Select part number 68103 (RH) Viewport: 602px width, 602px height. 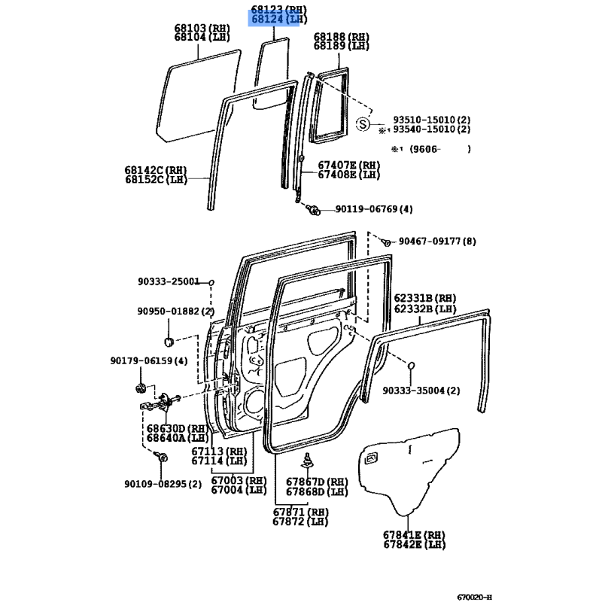(x=202, y=28)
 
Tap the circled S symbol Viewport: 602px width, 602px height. (x=363, y=124)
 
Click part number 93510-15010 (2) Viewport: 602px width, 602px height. (x=431, y=120)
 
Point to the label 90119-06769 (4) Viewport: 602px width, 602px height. (x=374, y=209)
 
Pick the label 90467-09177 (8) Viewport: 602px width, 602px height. (x=437, y=242)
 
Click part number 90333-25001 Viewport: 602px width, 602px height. (x=169, y=281)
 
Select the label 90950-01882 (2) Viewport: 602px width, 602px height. (x=176, y=311)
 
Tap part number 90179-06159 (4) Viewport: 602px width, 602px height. (x=149, y=361)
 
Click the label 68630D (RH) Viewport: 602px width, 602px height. (x=178, y=428)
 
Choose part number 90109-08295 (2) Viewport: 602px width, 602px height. (x=163, y=484)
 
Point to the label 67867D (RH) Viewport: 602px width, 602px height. (x=317, y=482)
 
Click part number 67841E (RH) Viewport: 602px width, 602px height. (x=415, y=535)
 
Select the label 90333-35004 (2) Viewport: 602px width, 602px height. (x=421, y=391)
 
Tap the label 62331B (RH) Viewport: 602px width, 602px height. (x=425, y=298)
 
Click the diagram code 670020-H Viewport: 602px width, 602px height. (x=474, y=597)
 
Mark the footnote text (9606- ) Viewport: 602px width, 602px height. (x=440, y=149)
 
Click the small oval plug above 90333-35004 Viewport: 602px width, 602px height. (x=410, y=366)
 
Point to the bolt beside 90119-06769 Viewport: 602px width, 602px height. (x=313, y=210)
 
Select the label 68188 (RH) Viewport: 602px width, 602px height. (x=342, y=37)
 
